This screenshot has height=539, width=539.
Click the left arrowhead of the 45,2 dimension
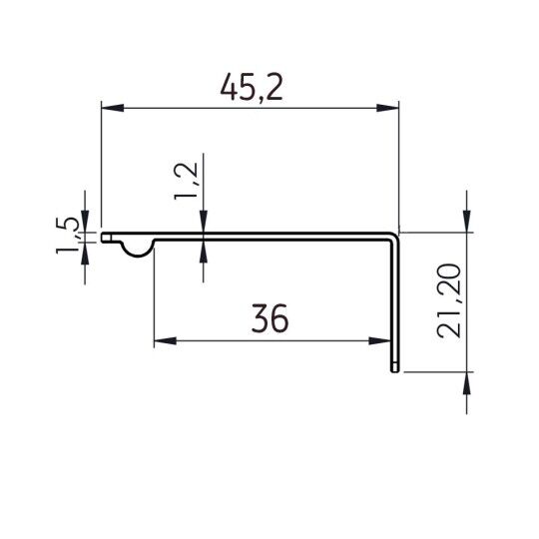point(111,107)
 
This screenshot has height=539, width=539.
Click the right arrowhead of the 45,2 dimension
point(389,107)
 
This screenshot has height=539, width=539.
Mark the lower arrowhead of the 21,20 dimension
point(465,384)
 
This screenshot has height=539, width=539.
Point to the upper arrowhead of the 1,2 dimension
point(204,226)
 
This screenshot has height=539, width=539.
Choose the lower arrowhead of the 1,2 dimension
point(204,249)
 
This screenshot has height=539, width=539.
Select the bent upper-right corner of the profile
point(394,236)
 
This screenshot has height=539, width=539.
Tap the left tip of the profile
point(103,238)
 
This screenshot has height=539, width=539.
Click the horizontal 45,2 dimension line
point(250,107)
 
